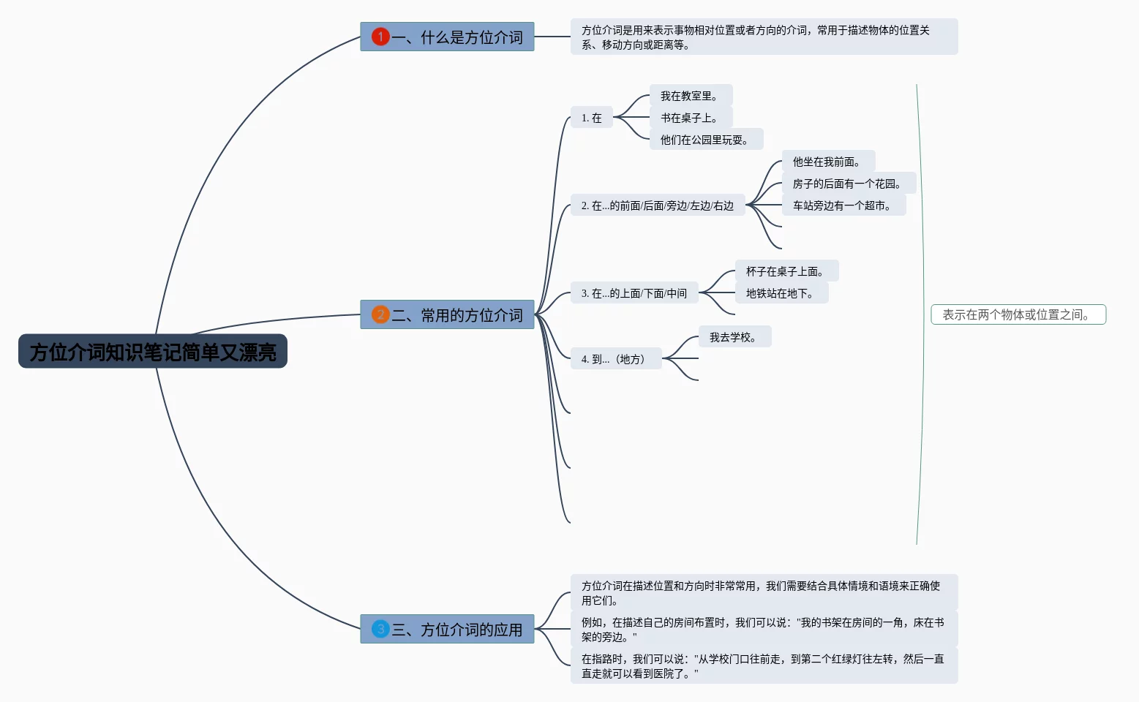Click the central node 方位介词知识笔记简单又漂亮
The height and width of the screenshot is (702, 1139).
point(153,352)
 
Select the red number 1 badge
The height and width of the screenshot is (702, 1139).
point(380,37)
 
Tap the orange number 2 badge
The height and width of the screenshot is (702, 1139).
point(380,314)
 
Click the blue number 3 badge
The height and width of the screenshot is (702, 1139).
point(380,629)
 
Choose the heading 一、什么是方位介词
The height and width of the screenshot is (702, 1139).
point(457,37)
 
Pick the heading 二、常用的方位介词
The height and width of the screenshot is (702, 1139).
point(457,315)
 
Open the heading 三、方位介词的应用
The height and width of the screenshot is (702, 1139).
point(457,630)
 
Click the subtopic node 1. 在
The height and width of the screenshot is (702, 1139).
point(592,118)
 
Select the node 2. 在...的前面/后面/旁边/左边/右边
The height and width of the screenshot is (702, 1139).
point(658,205)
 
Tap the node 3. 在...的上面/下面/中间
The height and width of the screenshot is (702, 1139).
point(634,293)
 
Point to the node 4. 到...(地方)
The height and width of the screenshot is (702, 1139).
point(615,359)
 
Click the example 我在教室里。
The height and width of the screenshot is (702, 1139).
point(691,96)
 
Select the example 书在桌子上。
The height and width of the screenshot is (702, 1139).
point(691,118)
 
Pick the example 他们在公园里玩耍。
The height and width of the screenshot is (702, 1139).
point(706,140)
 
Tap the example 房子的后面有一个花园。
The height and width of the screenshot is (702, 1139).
point(849,184)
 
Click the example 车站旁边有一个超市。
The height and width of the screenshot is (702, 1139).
point(843,205)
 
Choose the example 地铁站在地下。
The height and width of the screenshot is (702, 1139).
point(781,293)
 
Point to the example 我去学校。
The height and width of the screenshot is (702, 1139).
point(734,337)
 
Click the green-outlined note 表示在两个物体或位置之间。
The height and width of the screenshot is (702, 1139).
point(1018,314)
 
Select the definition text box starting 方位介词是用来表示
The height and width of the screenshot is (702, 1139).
point(764,37)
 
